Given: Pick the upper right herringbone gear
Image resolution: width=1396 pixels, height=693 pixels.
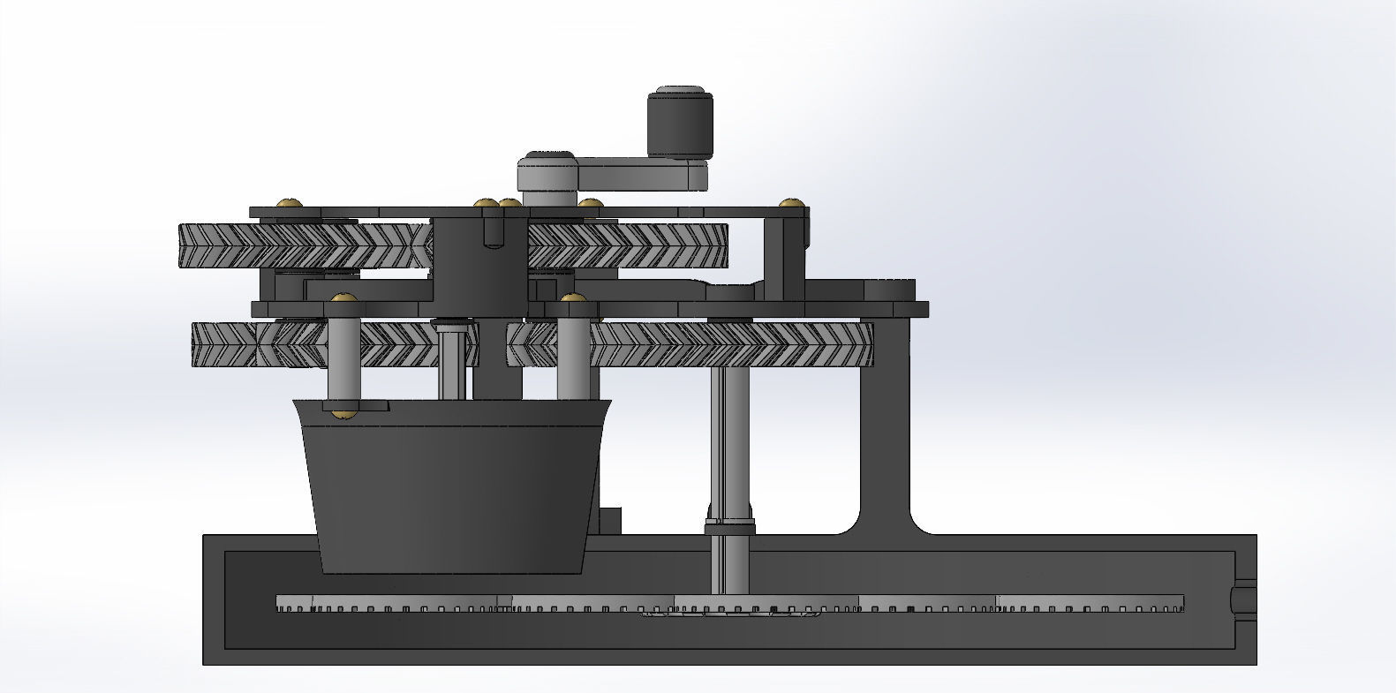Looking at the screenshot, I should click(627, 245).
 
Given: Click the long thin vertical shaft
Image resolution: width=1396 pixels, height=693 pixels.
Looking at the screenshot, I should click(729, 441).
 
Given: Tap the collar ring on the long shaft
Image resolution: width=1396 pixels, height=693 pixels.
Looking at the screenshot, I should click(729, 529).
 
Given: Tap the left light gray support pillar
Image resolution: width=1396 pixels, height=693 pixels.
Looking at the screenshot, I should click(343, 353).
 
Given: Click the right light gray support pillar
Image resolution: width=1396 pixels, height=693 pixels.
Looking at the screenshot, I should click(573, 353).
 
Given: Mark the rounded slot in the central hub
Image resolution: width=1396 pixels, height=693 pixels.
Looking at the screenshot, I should click(492, 230).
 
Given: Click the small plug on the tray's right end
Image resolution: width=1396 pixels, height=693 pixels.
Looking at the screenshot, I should click(1243, 599).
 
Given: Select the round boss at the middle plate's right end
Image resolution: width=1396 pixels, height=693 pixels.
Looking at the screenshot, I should click(889, 290).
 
